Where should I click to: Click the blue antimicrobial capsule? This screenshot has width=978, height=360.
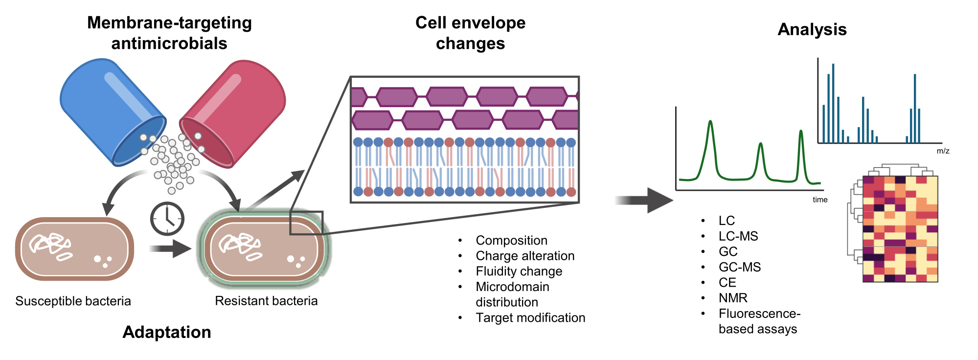[110, 110]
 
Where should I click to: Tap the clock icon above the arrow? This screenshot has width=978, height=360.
[167, 219]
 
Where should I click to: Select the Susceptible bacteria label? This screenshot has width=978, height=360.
[73, 301]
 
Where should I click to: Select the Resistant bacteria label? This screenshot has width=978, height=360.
[266, 301]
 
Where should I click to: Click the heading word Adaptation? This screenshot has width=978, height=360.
[167, 332]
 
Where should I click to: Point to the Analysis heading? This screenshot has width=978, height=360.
[812, 29]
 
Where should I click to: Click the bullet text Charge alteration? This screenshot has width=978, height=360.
[525, 256]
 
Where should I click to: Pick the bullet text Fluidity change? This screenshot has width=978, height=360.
[519, 271]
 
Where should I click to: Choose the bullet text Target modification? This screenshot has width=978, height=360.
[530, 318]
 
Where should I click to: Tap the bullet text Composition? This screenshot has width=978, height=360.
[511, 241]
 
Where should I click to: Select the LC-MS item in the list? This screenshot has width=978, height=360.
[738, 236]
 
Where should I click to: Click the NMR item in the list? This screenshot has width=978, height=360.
[733, 298]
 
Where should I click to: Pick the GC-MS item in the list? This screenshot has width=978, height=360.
[740, 267]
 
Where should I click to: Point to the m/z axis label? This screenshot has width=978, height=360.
[943, 151]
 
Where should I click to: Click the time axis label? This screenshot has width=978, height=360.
[820, 200]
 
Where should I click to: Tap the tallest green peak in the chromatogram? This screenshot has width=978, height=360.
[710, 122]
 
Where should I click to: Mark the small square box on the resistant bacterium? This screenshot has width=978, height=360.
[306, 223]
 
